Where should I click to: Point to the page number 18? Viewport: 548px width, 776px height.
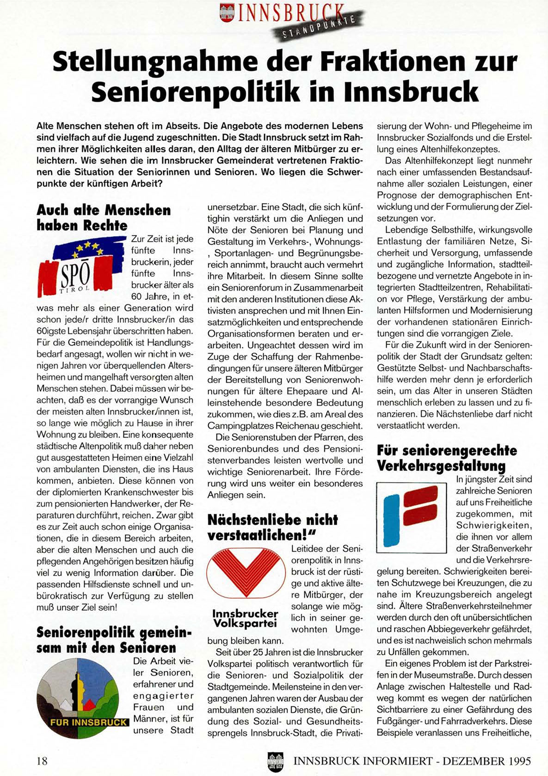pos(42,761)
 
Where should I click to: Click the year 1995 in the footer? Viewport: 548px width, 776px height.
pos(514,761)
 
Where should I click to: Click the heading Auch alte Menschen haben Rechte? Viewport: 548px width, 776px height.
pos(104,217)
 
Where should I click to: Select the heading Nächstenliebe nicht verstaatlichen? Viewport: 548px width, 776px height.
pos(272,527)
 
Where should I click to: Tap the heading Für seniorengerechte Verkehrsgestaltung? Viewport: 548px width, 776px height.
pos(447,458)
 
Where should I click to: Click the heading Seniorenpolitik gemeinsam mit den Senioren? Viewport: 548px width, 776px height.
pos(114,639)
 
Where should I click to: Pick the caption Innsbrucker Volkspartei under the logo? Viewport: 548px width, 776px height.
pos(245,618)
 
